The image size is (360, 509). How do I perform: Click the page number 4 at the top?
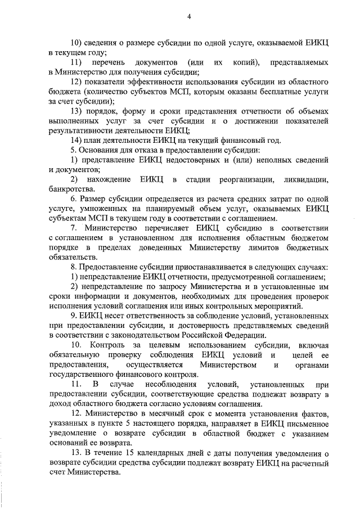coord(189,17)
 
